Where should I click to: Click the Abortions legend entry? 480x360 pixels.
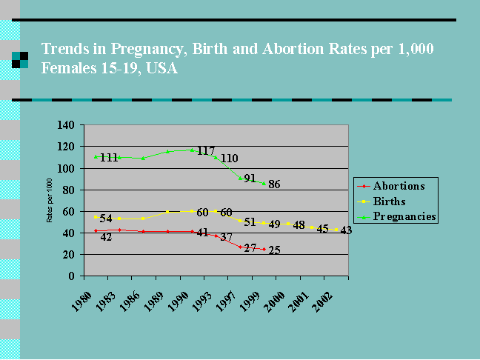click(x=391, y=186)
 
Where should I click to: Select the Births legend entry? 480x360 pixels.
click(x=381, y=201)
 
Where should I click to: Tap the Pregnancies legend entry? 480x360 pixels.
click(x=397, y=216)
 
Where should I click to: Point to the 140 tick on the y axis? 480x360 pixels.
click(x=66, y=125)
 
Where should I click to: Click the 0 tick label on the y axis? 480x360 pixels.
click(x=71, y=276)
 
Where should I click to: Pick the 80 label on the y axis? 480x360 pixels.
click(x=69, y=190)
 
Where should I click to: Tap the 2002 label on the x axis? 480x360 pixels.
click(x=322, y=301)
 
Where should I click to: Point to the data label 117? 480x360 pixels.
click(x=206, y=150)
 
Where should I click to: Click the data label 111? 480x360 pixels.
click(x=109, y=158)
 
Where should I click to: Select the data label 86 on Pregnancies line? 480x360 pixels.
click(x=274, y=184)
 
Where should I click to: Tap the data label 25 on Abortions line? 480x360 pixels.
click(x=274, y=250)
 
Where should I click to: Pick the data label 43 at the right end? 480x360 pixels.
click(x=346, y=230)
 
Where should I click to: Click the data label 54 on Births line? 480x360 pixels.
click(x=106, y=219)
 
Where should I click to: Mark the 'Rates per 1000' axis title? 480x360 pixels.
click(x=50, y=201)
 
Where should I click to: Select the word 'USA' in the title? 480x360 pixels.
click(x=162, y=68)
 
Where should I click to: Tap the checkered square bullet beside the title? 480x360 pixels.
click(x=20, y=60)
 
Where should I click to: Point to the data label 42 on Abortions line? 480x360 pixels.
click(x=106, y=237)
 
